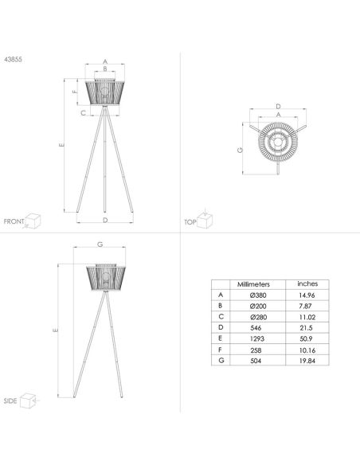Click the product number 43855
tap(13, 59)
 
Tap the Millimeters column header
tap(253, 284)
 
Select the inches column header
tap(307, 283)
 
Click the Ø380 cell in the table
tap(258, 295)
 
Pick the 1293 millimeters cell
tap(257, 338)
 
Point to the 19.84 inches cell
tap(307, 361)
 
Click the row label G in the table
tap(221, 361)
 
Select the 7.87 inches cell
tap(305, 306)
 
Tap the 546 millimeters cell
tap(256, 328)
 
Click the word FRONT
tap(14, 221)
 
